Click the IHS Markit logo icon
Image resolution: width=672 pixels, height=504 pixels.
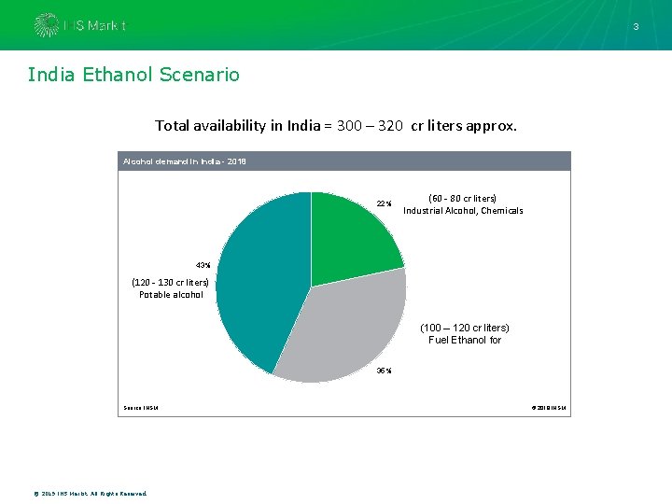pos(45,25)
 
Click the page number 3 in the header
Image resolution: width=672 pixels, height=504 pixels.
pos(636,27)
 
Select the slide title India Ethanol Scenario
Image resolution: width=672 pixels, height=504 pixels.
pos(133,75)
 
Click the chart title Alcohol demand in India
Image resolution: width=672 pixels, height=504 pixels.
pos(183,161)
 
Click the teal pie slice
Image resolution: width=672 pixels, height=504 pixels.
pos(261,280)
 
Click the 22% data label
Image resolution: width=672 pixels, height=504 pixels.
pos(384,203)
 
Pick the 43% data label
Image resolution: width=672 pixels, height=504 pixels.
pos(203,265)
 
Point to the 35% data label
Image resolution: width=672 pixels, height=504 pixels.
pos(384,371)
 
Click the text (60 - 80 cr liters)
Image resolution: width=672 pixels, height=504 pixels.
pos(462,198)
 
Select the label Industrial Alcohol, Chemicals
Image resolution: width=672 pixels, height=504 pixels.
pos(463,211)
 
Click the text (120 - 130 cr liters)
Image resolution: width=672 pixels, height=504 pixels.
pos(171,282)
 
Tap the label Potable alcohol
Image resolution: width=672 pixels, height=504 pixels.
pos(171,295)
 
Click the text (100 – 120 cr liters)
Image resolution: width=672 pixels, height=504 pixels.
pos(465,328)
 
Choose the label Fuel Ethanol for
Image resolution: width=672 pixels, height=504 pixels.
pos(465,340)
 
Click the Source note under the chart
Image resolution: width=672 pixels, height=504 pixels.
pos(140,407)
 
